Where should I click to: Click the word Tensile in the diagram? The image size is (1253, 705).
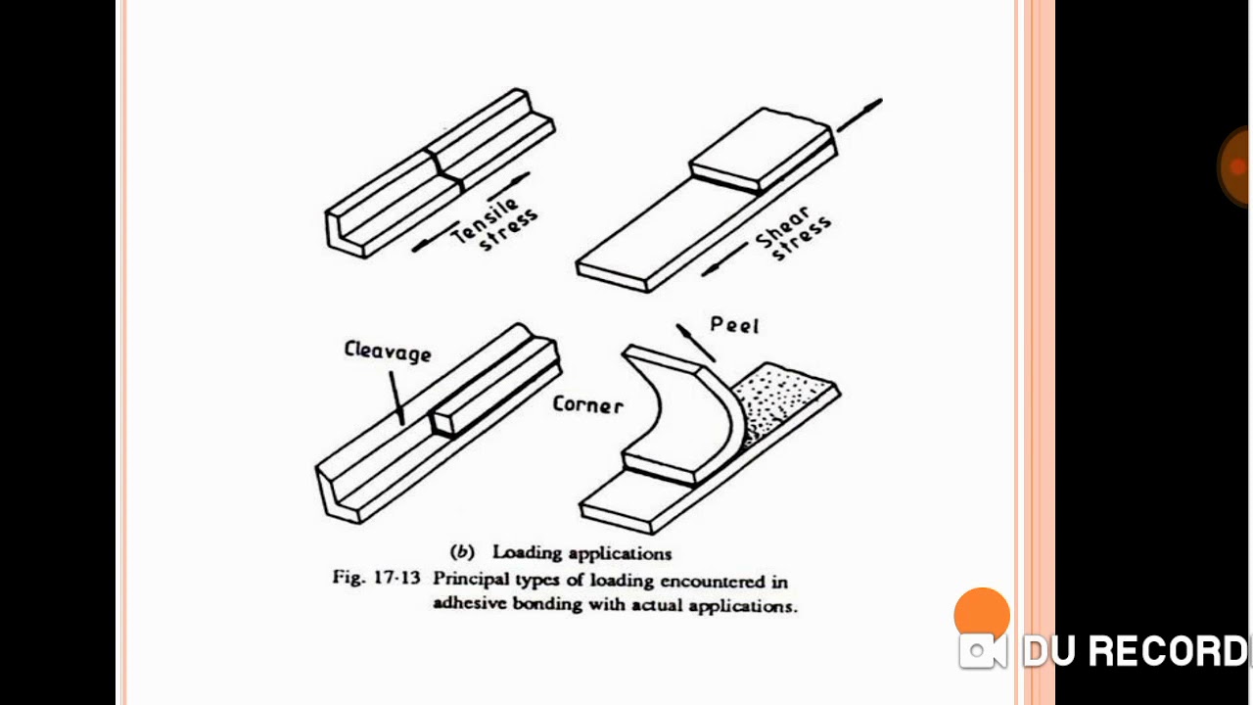483,219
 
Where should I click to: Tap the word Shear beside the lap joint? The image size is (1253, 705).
783,226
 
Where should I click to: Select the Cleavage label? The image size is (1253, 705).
388,352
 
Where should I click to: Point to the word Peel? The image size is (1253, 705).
734,325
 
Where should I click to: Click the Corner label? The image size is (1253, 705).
587,403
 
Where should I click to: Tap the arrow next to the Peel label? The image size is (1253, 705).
694,342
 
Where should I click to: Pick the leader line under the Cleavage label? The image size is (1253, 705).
396,396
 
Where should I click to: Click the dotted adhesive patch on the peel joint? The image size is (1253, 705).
778,397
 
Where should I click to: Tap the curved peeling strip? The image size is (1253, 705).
675,411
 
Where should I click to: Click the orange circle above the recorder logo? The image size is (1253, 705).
982,614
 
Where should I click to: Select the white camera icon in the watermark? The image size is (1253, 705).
982,652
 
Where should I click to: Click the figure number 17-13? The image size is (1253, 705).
396,579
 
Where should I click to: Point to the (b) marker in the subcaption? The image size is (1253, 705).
461,552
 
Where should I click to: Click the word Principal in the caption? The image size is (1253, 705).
472,580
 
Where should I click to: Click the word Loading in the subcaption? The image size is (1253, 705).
525,552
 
